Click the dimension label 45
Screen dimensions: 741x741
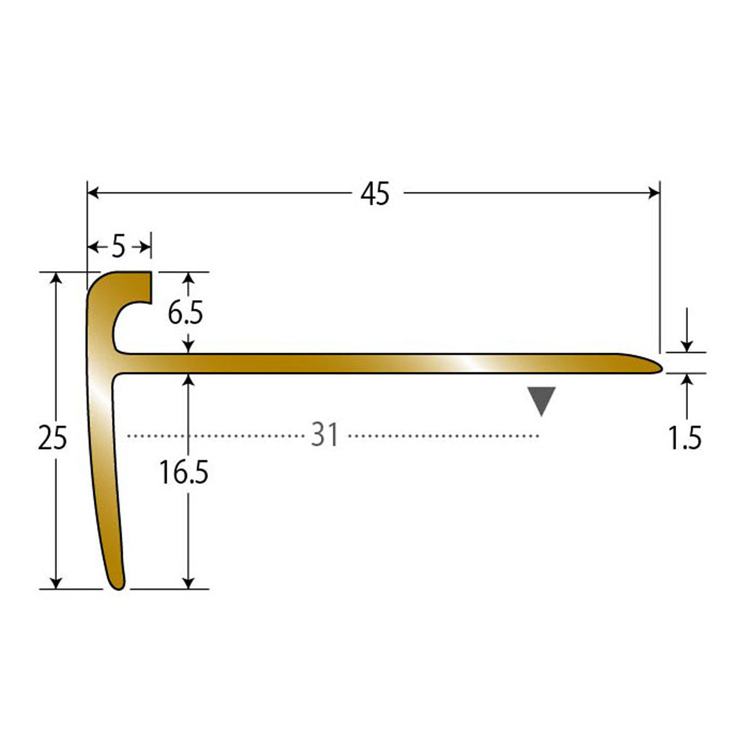[375, 193]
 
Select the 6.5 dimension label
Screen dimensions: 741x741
[185, 314]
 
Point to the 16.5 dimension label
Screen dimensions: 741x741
[184, 473]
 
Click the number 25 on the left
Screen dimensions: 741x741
[52, 438]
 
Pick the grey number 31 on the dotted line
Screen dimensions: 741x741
[325, 435]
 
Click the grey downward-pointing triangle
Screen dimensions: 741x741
[542, 400]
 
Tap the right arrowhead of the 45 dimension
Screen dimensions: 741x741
[654, 193]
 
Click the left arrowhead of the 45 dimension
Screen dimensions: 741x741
[93, 193]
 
